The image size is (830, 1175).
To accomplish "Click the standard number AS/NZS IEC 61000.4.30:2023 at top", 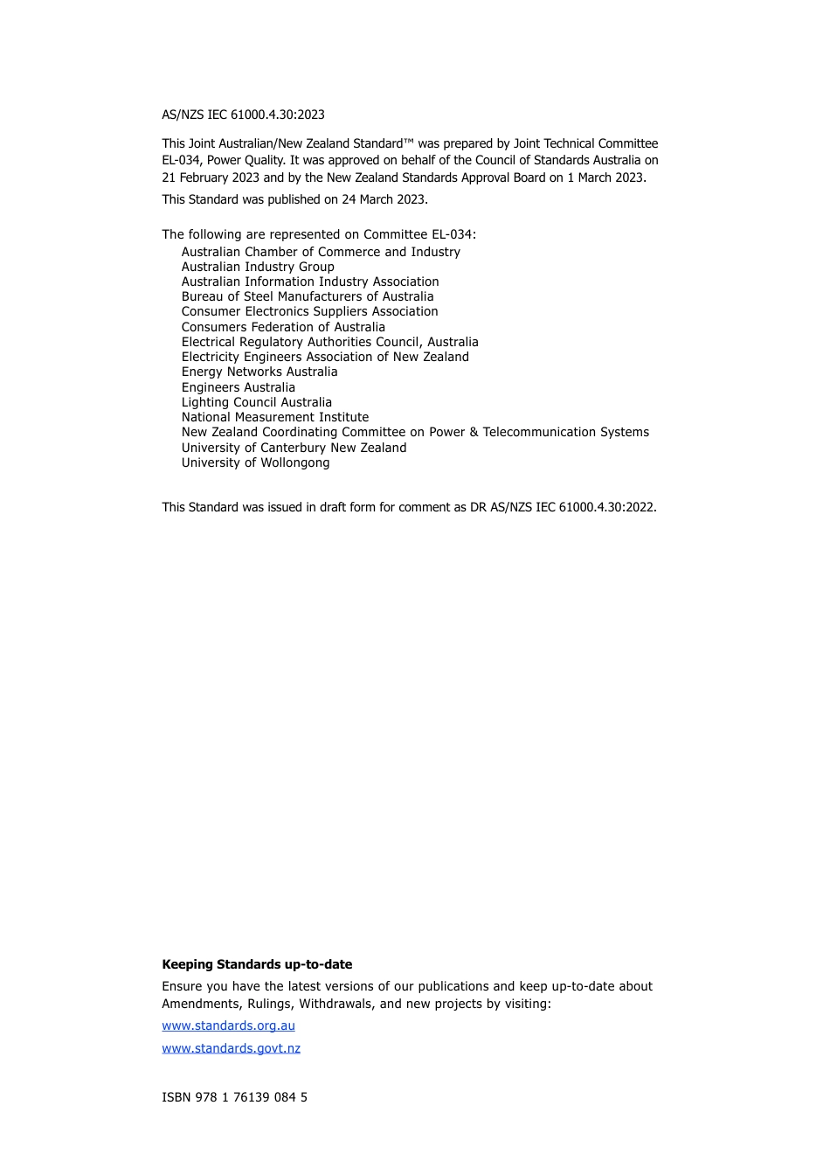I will pyautogui.click(x=243, y=115).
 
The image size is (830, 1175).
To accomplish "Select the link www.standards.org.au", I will pyautogui.click(x=228, y=1026).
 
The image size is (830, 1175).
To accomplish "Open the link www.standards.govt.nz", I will pyautogui.click(x=231, y=1048).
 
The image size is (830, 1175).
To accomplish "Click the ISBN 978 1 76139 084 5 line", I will pyautogui.click(x=234, y=1097).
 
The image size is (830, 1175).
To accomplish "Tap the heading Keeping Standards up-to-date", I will pyautogui.click(x=257, y=964).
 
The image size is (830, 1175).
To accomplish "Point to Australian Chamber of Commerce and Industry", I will pyautogui.click(x=321, y=252).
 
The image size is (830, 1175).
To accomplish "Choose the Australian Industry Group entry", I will pyautogui.click(x=258, y=267).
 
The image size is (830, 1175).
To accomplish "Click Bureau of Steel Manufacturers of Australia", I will pyautogui.click(x=308, y=296).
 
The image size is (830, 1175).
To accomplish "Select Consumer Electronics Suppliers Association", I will pyautogui.click(x=309, y=311).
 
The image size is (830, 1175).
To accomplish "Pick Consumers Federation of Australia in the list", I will pyautogui.click(x=283, y=327).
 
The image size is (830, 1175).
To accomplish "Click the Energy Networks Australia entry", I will pyautogui.click(x=259, y=372).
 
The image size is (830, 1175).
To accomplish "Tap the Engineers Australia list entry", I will pyautogui.click(x=239, y=387).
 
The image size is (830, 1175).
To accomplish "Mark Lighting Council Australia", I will pyautogui.click(x=257, y=402).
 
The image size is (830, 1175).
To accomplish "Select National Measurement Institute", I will pyautogui.click(x=275, y=417).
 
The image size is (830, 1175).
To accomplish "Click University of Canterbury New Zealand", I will pyautogui.click(x=294, y=448).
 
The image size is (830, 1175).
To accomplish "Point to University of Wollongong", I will pyautogui.click(x=255, y=462).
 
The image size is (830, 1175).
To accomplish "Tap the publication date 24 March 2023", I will pyautogui.click(x=384, y=199).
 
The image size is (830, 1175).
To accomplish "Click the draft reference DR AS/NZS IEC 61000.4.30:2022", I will pyautogui.click(x=563, y=507).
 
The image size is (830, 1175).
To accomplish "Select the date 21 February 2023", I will pyautogui.click(x=211, y=177).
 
